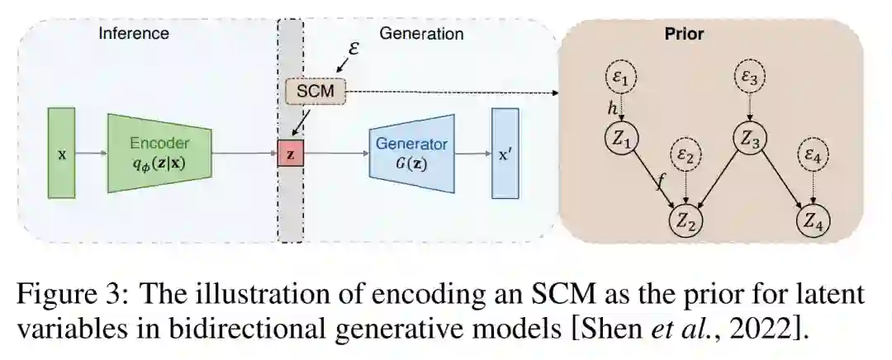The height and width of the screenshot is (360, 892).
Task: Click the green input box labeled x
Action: point(62,153)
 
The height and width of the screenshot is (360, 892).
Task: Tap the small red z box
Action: point(290,154)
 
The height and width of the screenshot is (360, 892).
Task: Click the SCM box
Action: point(315,91)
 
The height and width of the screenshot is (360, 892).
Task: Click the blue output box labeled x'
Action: point(505,153)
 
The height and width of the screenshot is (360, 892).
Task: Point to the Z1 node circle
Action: point(621,141)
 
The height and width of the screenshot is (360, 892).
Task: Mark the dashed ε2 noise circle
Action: point(686,154)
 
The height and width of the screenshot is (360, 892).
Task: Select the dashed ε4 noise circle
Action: point(814,154)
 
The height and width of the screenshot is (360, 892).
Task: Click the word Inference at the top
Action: point(134,34)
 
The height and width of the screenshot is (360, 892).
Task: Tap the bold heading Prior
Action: point(684,35)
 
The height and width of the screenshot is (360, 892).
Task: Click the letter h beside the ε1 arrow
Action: point(612,109)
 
